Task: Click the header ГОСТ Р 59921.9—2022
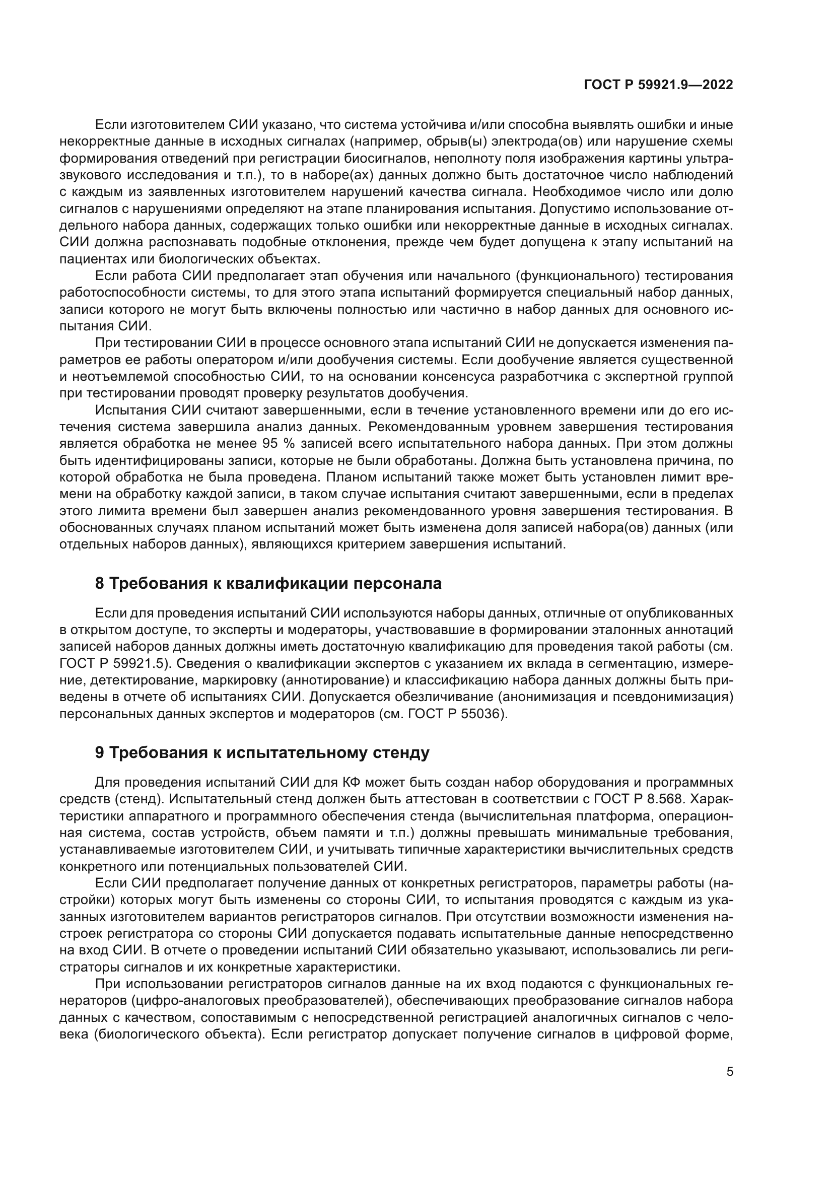click(658, 85)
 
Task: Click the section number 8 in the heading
click(100, 583)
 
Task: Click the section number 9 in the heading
click(100, 752)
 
